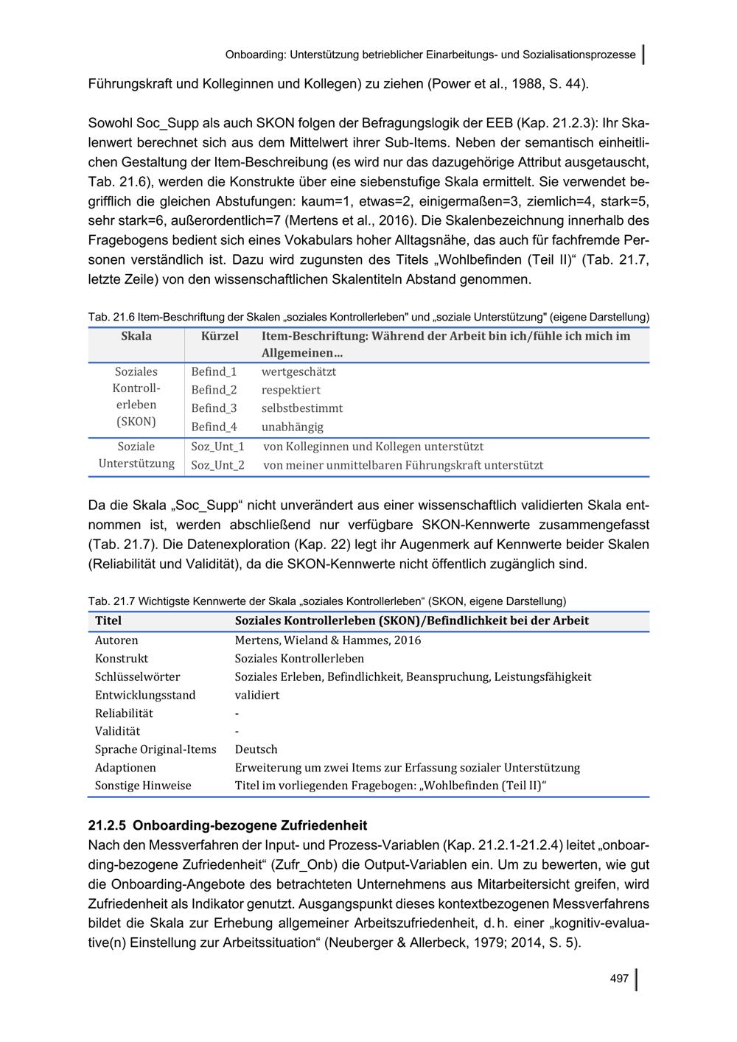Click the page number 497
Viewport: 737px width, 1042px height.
pos(619,979)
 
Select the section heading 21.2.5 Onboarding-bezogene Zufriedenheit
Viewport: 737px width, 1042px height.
pos(228,825)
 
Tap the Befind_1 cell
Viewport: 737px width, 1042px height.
pos(214,372)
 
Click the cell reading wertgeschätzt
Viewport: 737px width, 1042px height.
pos(298,372)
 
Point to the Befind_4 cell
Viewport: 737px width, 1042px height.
pos(214,427)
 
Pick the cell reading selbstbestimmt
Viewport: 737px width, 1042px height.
pos(302,408)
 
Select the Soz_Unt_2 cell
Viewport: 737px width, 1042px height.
pos(217,466)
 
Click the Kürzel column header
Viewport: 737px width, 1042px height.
pos(220,336)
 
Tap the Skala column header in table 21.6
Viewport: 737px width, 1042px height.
pos(136,336)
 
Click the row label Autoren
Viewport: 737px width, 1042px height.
pos(116,640)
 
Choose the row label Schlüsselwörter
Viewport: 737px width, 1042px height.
pos(137,676)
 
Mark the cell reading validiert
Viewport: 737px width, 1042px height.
pos(257,695)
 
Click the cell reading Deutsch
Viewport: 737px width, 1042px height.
pos(256,749)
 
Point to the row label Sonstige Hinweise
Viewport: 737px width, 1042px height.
pos(143,786)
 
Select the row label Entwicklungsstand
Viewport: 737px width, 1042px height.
pos(145,695)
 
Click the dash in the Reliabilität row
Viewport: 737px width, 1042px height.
pos(237,713)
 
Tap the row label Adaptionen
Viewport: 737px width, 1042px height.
pos(125,768)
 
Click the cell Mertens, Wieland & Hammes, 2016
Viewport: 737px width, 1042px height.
pos(328,640)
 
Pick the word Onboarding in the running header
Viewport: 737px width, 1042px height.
pos(255,55)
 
